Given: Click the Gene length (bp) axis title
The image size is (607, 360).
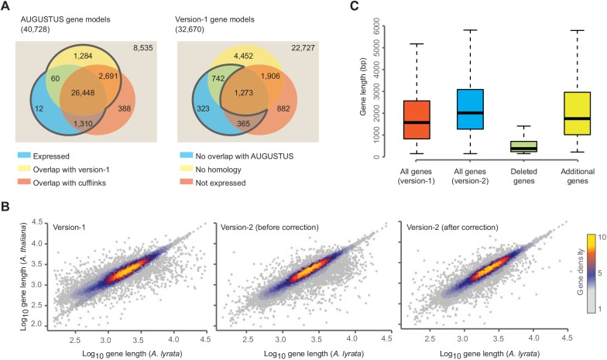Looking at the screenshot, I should tap(361, 91).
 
